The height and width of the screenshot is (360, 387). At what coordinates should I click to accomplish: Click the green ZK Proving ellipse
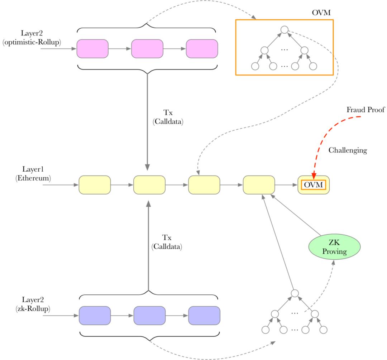[x=334, y=247]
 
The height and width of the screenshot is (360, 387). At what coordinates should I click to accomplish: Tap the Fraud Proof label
[x=365, y=110]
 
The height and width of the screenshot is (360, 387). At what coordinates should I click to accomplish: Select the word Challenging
[x=348, y=150]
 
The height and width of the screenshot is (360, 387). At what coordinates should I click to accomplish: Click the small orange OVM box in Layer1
[x=314, y=185]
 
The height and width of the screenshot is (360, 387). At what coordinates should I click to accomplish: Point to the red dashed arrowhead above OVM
[x=314, y=176]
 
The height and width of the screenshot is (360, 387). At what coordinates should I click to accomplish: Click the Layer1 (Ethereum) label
[x=33, y=173]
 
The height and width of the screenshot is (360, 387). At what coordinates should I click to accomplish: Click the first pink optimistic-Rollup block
[x=92, y=48]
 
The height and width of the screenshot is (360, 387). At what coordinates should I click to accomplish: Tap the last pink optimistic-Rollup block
[x=202, y=48]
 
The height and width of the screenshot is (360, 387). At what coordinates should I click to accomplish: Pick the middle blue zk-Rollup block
[x=149, y=316]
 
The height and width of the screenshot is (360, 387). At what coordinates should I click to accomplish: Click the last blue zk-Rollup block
[x=204, y=316]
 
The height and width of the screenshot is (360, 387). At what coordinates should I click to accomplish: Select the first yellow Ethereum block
[x=95, y=185]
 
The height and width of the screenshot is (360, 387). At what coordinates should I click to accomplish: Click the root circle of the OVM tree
[x=284, y=30]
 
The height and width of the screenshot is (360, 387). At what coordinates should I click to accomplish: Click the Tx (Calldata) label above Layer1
[x=168, y=117]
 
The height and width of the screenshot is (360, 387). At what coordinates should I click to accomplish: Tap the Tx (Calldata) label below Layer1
[x=167, y=242]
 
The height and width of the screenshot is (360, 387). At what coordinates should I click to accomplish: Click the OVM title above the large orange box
[x=321, y=13]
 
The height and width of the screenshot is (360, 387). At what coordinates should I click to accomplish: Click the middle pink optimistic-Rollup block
[x=147, y=48]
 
